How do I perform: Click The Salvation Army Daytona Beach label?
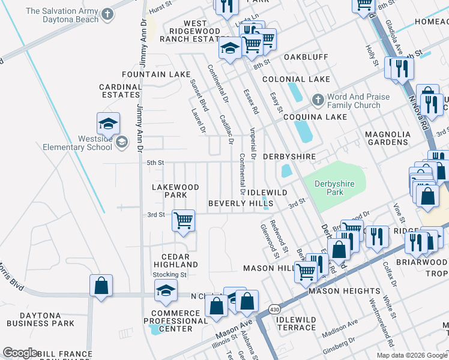coord(60,15)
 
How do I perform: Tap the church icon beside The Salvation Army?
coord(107,14)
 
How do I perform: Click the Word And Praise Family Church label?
coord(358,101)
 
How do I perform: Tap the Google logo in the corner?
coord(20,353)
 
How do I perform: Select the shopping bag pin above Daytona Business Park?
coord(101,286)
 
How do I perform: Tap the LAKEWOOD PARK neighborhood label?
coord(175,191)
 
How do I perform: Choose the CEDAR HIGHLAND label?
coord(175,260)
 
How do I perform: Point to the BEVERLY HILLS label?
coord(241,203)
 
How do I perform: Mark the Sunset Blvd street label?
coord(199,95)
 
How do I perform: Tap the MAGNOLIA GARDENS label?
coord(388,138)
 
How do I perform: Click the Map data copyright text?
coord(411,355)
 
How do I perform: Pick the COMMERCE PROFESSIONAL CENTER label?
coord(175,320)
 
